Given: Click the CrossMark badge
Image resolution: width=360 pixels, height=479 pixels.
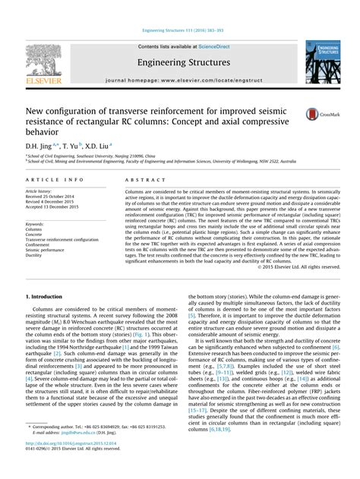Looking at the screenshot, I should pyautogui.click(x=318, y=115).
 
